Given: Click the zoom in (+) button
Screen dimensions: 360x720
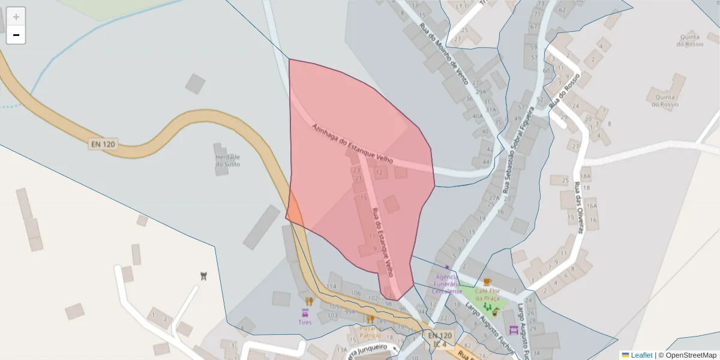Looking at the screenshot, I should (x=16, y=17).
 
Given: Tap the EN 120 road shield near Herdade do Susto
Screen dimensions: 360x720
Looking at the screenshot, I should (x=103, y=144).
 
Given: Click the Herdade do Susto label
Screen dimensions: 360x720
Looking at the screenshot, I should (x=227, y=160).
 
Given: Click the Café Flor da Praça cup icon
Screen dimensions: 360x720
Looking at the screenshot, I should (x=487, y=281).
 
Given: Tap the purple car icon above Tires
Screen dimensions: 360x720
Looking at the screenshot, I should (x=305, y=313).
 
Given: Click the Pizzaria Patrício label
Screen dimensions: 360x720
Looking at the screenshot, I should (x=370, y=332).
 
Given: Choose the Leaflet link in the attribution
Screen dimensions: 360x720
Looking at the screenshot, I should (x=641, y=355).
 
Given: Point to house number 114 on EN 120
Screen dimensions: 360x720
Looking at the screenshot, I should (x=331, y=286).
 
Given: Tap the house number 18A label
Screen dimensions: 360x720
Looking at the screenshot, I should (x=585, y=176).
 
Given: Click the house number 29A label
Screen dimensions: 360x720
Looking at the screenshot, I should (x=480, y=92).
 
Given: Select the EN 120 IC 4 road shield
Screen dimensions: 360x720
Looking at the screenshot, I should (x=439, y=339).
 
